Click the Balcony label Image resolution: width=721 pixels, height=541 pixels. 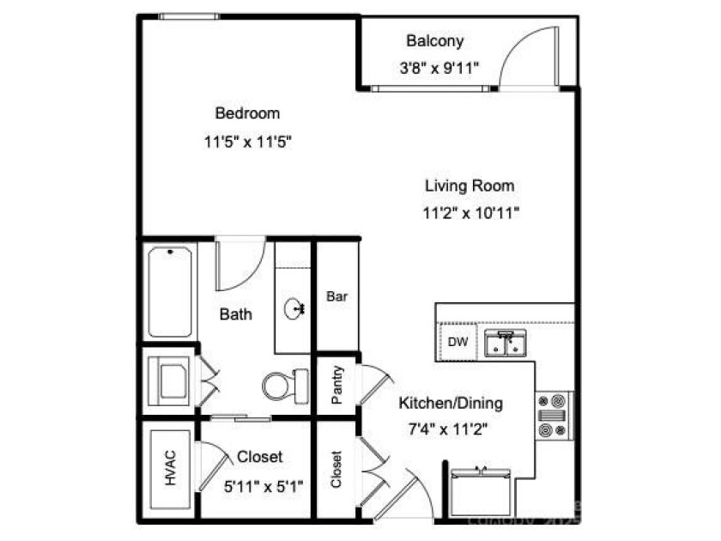pyautogui.click(x=434, y=40)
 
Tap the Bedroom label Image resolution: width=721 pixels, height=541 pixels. pyautogui.click(x=247, y=112)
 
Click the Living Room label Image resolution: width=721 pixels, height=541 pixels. pyautogui.click(x=470, y=185)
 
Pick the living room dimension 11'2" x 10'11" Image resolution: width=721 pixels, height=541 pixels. pyautogui.click(x=471, y=213)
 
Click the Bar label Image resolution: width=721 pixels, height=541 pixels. pyautogui.click(x=336, y=296)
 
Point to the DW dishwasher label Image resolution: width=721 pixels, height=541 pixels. pyautogui.click(x=458, y=342)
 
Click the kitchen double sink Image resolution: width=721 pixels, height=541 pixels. pyautogui.click(x=505, y=343)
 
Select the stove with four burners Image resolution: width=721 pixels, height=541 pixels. pyautogui.click(x=553, y=415)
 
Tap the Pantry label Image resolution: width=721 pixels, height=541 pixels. pyautogui.click(x=337, y=385)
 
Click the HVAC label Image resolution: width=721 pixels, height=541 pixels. pyautogui.click(x=169, y=469)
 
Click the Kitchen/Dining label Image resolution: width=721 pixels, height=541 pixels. pyautogui.click(x=451, y=403)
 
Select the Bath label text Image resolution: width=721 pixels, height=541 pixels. pyautogui.click(x=235, y=314)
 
